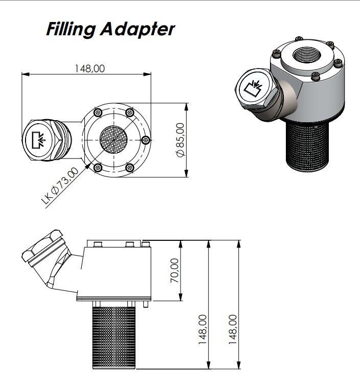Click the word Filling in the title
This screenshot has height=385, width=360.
(70, 30)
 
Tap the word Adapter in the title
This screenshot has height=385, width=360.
(137, 30)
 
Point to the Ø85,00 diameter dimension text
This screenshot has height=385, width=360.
(179, 140)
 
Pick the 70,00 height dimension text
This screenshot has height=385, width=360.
(174, 270)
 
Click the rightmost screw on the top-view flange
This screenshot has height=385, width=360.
(146, 139)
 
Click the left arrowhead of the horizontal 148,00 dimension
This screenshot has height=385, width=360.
(24, 74)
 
